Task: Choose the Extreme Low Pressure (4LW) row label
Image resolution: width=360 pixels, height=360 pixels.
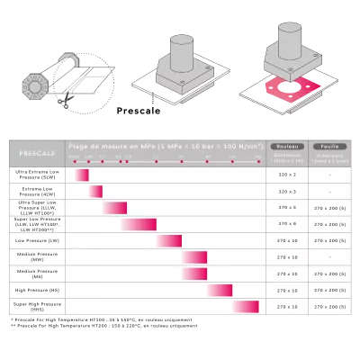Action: pyautogui.click(x=37, y=191)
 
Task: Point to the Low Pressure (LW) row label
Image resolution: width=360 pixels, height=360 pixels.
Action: pyautogui.click(x=37, y=240)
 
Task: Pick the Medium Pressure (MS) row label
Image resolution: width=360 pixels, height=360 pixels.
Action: pyautogui.click(x=37, y=274)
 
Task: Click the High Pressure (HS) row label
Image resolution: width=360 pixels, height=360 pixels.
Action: pyautogui.click(x=37, y=290)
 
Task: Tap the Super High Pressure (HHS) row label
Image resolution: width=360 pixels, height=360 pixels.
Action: pyautogui.click(x=37, y=307)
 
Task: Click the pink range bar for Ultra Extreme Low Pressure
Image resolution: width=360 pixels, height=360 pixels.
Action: pyautogui.click(x=83, y=175)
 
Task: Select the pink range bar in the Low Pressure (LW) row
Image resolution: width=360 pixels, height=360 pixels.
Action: pyautogui.click(x=169, y=240)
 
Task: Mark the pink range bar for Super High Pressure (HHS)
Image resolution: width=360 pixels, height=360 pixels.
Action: pyautogui.click(x=246, y=307)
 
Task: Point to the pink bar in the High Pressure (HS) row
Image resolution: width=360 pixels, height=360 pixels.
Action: pyautogui.click(x=220, y=290)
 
